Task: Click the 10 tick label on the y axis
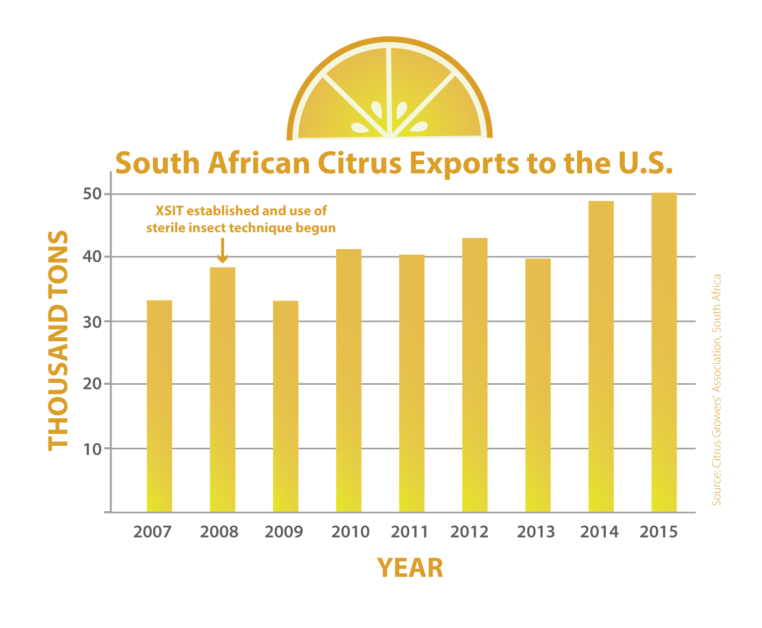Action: click(x=92, y=449)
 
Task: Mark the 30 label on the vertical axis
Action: click(x=92, y=322)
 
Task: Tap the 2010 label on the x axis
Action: click(x=350, y=532)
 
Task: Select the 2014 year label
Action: click(x=600, y=532)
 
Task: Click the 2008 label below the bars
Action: click(x=219, y=532)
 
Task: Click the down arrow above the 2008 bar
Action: click(x=222, y=251)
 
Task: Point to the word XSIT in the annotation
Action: click(x=169, y=211)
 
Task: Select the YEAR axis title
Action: click(x=410, y=568)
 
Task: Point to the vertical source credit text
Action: click(x=716, y=390)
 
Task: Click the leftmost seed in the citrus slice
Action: click(x=359, y=127)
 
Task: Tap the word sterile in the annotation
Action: click(x=165, y=228)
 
